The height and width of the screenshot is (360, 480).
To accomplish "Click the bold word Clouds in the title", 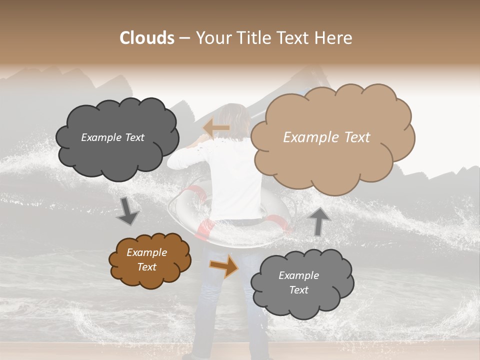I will point(147,38).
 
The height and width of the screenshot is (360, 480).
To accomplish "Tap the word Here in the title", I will point(333,38).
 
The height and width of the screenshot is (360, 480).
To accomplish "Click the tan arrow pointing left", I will point(216,128).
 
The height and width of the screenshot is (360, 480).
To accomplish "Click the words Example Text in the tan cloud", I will point(326,137).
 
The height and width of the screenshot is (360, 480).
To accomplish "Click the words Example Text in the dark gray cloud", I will point(112,137).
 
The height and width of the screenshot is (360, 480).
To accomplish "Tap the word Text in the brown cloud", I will point(147,267).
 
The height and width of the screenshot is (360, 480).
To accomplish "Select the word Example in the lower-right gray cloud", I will point(298,275).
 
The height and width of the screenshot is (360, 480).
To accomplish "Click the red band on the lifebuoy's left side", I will point(203,229).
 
